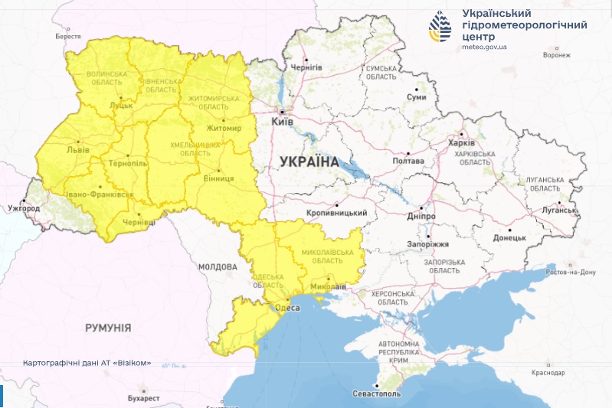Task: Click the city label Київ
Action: (x=283, y=121)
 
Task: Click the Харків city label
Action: (x=461, y=143)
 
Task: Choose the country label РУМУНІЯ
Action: (x=108, y=327)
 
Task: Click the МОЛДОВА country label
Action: (x=218, y=267)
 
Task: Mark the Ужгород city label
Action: (x=23, y=208)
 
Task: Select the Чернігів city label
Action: (x=306, y=67)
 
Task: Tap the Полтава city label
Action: (x=407, y=162)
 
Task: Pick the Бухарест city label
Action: (x=144, y=399)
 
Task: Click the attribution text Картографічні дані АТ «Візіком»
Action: (x=87, y=362)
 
